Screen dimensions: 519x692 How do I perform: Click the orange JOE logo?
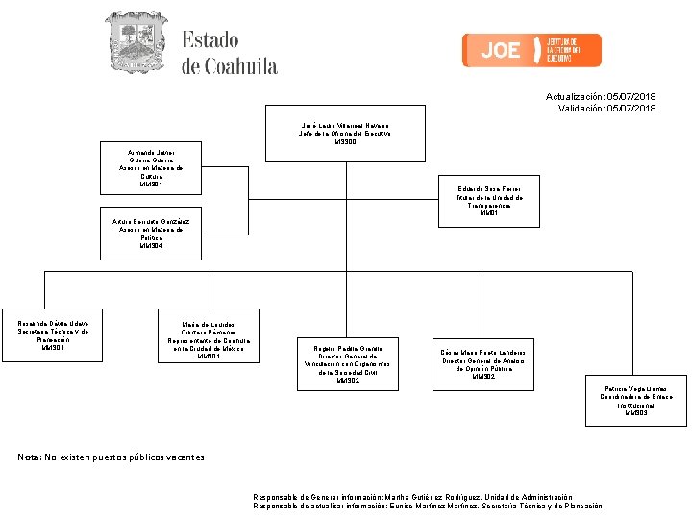click(x=531, y=50)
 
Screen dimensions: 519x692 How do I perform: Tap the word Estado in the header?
click(x=210, y=40)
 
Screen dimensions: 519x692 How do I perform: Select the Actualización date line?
click(x=601, y=97)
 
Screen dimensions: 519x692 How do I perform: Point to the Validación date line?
click(x=606, y=109)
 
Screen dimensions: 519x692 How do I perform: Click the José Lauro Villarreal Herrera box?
click(x=345, y=133)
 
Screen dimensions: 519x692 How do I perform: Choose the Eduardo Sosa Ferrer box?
click(x=489, y=202)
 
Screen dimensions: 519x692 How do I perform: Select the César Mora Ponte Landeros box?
click(x=482, y=363)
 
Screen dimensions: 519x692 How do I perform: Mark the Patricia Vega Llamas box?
click(x=636, y=400)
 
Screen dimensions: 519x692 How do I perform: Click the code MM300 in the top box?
click(x=345, y=142)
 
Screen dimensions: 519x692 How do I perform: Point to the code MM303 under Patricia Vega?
click(x=636, y=413)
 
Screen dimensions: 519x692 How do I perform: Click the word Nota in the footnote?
click(x=29, y=457)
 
